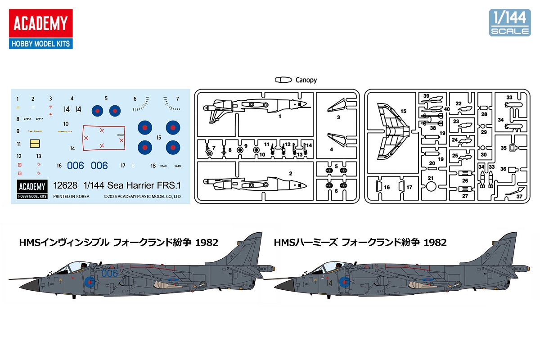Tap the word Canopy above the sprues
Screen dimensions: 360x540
[306, 80]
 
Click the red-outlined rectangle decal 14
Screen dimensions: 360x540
[103, 137]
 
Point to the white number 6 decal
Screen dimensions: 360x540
[134, 166]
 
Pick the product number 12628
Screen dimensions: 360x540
[65, 185]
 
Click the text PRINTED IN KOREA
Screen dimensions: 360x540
[71, 196]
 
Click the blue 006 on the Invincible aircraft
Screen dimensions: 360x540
[109, 273]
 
